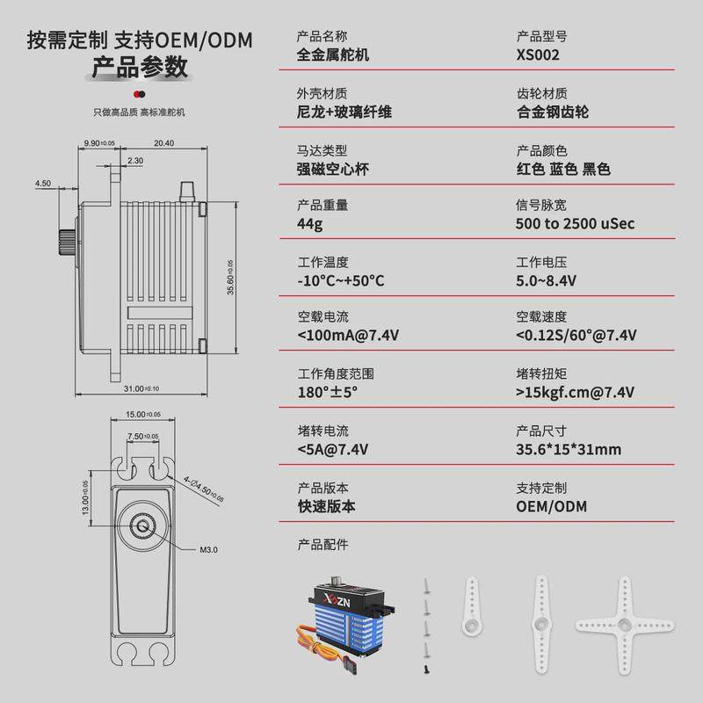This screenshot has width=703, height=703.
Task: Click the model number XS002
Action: [x=538, y=54]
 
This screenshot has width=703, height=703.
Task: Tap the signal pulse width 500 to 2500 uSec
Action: [x=575, y=223]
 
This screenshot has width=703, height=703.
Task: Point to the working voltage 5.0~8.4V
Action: [x=546, y=280]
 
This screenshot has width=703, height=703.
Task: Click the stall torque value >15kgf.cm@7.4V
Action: [x=575, y=392]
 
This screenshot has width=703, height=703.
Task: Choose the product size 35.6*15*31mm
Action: [x=569, y=450]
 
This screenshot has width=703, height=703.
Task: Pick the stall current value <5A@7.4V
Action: [x=333, y=450]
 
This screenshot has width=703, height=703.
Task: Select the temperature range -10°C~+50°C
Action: [x=341, y=280]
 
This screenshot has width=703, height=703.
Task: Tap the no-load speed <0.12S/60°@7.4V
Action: [x=576, y=336]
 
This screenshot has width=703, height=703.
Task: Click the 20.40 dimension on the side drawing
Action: [x=163, y=143]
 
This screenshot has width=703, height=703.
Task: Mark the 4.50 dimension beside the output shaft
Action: [x=43, y=184]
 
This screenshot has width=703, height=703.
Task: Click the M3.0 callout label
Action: [x=208, y=550]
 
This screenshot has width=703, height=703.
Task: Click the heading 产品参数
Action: [x=140, y=68]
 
